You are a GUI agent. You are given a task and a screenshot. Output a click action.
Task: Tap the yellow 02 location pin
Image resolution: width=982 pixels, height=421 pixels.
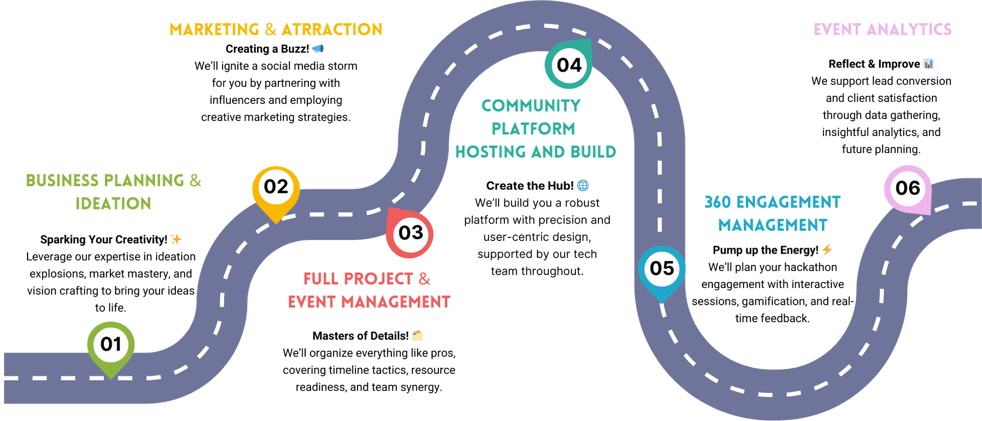(x=276, y=192)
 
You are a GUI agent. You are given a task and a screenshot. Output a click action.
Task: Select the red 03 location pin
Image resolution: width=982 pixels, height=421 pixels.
(x=410, y=233)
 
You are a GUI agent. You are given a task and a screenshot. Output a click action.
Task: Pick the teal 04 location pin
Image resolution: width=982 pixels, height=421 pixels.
(x=569, y=64)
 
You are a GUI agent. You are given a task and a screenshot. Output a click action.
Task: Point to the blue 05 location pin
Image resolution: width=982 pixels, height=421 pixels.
(x=662, y=272)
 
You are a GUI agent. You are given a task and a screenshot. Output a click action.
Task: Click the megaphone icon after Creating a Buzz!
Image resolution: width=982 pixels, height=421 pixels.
(x=318, y=49)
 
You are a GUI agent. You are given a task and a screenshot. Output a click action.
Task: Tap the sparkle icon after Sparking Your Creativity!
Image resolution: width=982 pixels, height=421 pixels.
(x=176, y=239)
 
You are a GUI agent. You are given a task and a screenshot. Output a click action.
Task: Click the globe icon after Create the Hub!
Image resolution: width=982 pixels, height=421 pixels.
(x=583, y=185)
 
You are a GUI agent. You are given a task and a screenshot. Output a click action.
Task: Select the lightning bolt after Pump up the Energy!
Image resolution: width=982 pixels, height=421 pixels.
(x=827, y=250)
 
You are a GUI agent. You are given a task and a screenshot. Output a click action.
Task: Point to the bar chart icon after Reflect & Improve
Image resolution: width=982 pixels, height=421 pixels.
(x=929, y=63)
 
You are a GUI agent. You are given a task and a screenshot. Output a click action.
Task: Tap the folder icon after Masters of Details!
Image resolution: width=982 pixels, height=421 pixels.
(x=417, y=336)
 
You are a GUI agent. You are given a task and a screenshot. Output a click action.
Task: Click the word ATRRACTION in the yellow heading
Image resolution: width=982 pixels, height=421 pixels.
(x=332, y=30)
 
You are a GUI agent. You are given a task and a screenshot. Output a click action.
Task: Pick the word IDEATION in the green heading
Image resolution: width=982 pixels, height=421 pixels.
(x=114, y=204)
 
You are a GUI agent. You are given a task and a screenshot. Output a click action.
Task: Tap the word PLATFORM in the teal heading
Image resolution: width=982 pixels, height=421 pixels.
(x=533, y=129)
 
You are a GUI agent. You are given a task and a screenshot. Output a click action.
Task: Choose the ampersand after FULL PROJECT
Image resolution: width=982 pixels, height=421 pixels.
(x=425, y=279)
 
